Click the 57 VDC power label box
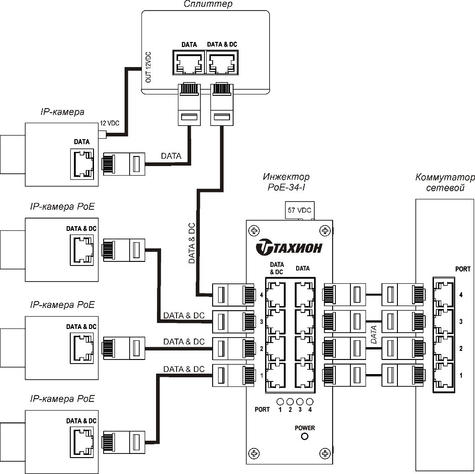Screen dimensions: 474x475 (x=299, y=210)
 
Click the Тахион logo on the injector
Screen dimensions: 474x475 (x=289, y=247)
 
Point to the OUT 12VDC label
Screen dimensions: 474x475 (x=148, y=67)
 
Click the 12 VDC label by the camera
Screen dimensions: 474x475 (x=109, y=123)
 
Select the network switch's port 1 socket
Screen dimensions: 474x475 (x=444, y=376)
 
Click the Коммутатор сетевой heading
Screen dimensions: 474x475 (x=445, y=182)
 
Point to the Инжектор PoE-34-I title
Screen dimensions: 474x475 (x=286, y=182)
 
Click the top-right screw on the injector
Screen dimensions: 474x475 (x=325, y=231)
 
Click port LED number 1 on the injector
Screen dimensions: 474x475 (x=280, y=401)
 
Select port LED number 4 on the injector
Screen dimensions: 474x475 (x=310, y=401)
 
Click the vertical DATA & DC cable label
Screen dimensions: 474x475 (x=192, y=244)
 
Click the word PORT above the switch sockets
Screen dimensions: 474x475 (x=463, y=269)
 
